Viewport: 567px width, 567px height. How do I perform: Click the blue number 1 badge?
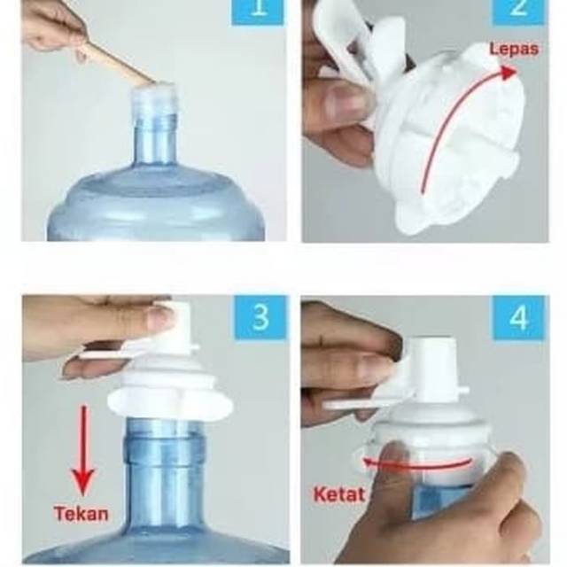[258, 12]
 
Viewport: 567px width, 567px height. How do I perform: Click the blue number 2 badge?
[518, 12]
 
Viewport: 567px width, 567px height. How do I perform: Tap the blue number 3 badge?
[260, 318]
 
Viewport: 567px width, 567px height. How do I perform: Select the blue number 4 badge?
[519, 318]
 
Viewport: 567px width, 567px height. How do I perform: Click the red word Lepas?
[514, 49]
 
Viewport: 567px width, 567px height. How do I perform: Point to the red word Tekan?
[81, 514]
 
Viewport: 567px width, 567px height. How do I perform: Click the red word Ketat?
[339, 494]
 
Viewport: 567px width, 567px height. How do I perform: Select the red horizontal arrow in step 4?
[416, 465]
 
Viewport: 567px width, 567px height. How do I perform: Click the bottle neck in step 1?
[155, 141]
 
